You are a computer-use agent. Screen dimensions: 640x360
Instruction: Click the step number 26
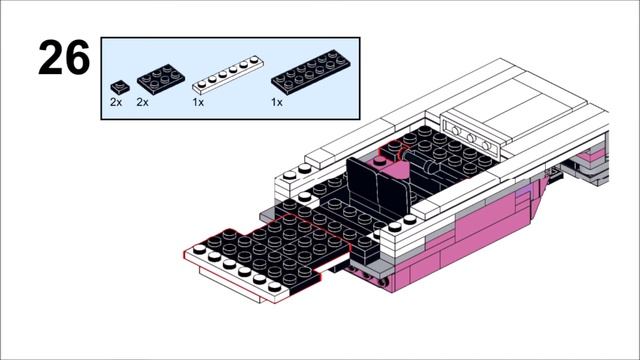pos(64,57)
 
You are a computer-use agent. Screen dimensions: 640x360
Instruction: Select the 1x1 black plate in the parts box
pos(120,87)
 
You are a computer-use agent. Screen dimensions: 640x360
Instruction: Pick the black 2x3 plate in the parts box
pos(161,79)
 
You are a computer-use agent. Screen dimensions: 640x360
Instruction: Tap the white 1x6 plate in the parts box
pos(228,75)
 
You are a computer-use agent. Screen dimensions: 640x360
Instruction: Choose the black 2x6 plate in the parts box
pos(311,72)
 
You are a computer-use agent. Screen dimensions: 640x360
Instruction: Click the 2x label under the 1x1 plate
pos(116,102)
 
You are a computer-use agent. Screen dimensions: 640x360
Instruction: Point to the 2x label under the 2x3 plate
pos(142,102)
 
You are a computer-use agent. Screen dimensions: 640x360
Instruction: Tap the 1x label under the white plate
pos(198,102)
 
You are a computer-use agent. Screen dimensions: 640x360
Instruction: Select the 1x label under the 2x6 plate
pos(277,102)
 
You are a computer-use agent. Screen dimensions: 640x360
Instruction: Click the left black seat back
pos(363,183)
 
